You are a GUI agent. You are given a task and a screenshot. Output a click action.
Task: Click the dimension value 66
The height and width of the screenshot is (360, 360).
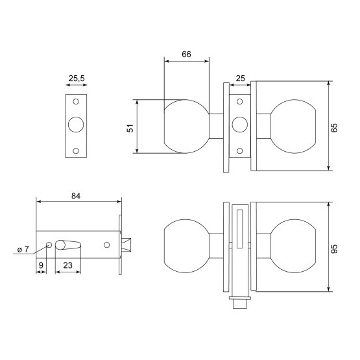[186, 54]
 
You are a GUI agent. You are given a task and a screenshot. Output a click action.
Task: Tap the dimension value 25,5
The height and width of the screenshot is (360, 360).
[77, 78]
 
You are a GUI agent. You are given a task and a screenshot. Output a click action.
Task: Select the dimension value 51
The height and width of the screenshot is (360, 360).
[130, 128]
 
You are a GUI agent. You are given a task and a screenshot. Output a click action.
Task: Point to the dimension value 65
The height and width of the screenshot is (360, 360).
[335, 128]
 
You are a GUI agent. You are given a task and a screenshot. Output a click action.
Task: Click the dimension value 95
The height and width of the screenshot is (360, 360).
[335, 249]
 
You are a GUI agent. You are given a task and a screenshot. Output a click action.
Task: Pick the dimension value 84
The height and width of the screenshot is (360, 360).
[76, 196]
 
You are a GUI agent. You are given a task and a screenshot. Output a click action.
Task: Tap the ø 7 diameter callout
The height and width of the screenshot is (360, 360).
[23, 249]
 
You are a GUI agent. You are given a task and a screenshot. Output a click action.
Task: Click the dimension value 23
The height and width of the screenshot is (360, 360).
[67, 265]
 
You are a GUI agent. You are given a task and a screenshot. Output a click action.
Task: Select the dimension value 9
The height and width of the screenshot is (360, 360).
[41, 265]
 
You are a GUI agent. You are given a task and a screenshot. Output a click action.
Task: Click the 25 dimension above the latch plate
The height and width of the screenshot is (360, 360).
[241, 78]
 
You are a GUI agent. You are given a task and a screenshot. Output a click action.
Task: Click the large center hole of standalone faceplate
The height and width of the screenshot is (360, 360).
[76, 125]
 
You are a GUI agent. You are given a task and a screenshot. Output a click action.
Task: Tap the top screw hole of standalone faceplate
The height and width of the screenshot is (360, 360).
[76, 101]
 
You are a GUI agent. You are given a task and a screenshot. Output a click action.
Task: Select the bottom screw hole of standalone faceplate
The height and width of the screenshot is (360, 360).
[76, 151]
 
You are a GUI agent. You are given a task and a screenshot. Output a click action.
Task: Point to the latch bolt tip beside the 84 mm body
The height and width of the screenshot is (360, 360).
[126, 245]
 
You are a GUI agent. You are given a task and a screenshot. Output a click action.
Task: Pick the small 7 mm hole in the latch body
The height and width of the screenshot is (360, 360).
[49, 245]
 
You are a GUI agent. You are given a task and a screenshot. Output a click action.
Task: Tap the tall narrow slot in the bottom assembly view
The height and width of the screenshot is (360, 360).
[240, 229]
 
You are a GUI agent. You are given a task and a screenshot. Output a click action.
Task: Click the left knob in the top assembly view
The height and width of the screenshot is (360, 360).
[187, 126]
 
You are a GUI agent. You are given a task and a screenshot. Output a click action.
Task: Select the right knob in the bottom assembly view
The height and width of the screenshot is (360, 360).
[293, 246]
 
